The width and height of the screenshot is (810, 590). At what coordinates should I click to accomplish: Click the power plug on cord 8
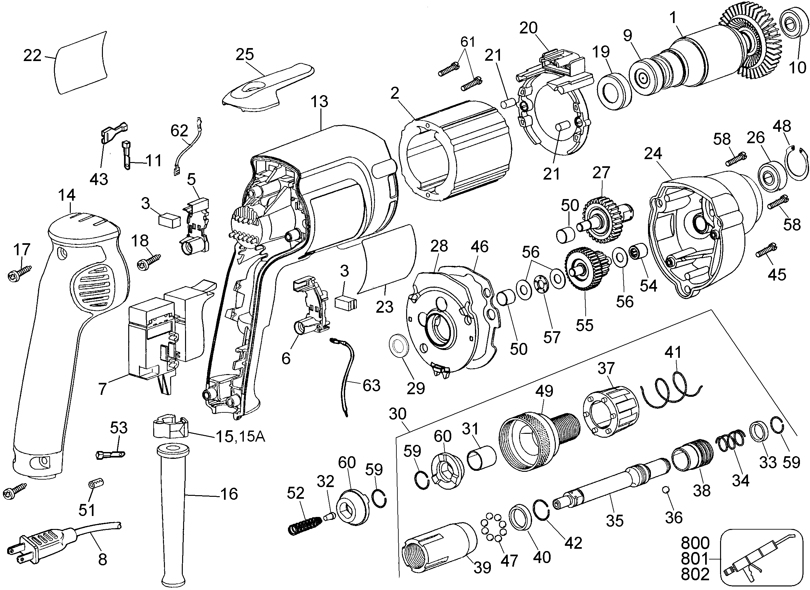43,541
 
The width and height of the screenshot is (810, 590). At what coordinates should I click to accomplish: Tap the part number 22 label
32,56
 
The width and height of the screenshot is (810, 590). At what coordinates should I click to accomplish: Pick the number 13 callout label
319,102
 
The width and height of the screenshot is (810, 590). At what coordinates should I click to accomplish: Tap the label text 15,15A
240,437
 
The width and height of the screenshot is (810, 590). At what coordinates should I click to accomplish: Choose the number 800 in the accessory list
695,543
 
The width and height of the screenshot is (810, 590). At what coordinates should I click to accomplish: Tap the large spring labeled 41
670,391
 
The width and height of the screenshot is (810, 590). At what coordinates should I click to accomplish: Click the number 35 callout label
615,521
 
